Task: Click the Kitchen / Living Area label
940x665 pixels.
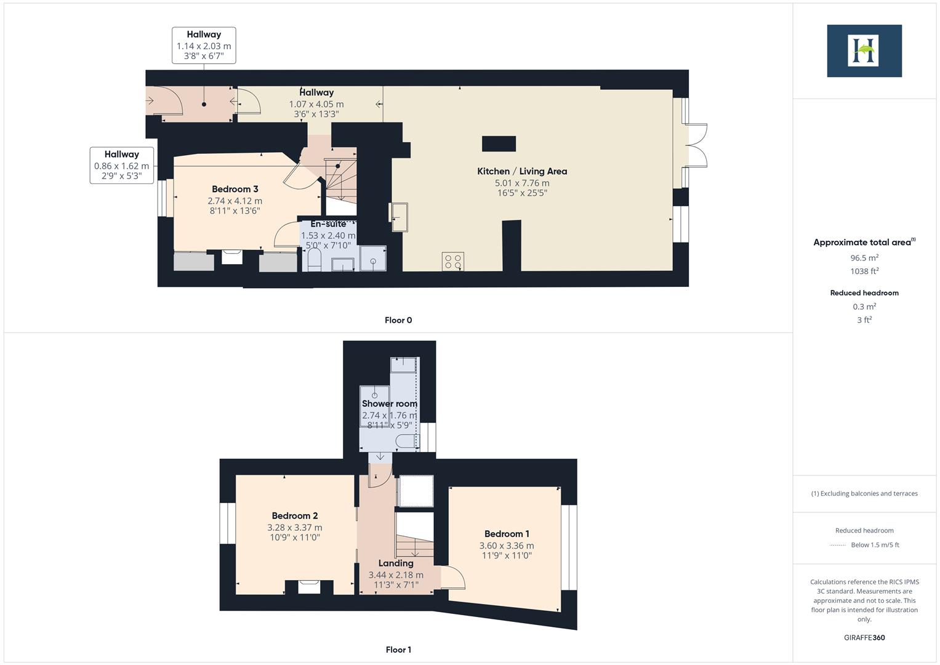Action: [x=522, y=171]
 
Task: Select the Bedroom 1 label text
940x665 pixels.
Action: [x=507, y=534]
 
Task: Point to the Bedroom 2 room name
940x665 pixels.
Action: [x=295, y=516]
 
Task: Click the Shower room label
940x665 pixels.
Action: [x=389, y=404]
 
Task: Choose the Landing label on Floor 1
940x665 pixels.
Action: [x=396, y=563]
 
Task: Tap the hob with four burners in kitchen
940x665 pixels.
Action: [x=453, y=262]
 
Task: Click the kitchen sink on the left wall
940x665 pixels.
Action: [x=399, y=217]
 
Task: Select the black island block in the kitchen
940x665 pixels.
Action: [x=499, y=144]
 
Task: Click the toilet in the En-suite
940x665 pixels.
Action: [x=314, y=259]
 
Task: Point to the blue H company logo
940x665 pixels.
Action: [x=864, y=50]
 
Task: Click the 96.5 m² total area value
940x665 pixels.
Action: [x=864, y=258]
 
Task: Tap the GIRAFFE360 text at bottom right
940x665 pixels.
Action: [x=864, y=637]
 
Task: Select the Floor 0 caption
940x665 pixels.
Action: [x=398, y=320]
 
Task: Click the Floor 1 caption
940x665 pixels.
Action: [x=398, y=650]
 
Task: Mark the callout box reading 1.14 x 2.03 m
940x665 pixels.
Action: [x=203, y=46]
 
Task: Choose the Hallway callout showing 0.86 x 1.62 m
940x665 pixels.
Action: [x=121, y=166]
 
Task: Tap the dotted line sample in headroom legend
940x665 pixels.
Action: [x=838, y=545]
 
